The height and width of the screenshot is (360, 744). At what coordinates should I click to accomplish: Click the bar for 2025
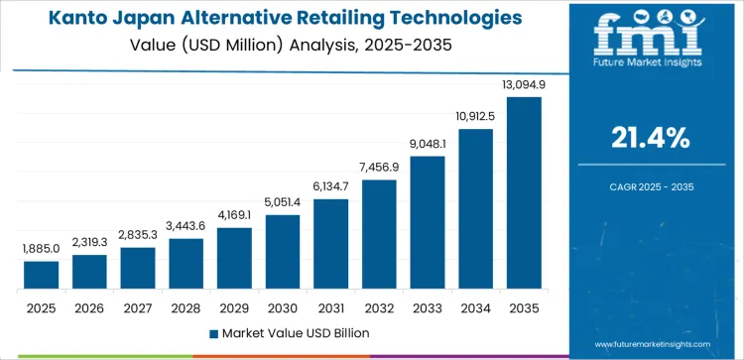pos(42,275)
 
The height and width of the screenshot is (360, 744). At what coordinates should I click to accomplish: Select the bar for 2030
pos(283,252)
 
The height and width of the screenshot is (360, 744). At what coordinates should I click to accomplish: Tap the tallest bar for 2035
pos(524,192)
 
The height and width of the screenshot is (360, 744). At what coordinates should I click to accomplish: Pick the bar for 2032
pos(379,234)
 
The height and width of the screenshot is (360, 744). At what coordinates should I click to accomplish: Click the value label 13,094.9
pos(524,85)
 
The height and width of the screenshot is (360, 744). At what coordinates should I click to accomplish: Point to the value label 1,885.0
pos(42,249)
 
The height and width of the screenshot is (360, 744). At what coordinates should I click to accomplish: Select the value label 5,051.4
pos(283,202)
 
